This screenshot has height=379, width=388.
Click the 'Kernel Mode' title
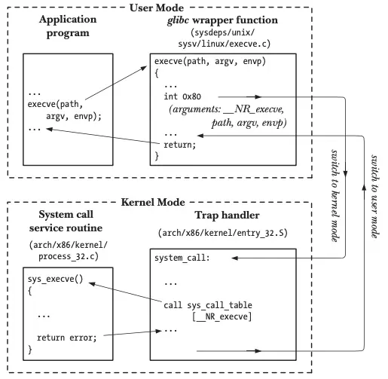coord(187,203)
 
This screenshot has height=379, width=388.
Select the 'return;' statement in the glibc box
coord(180,144)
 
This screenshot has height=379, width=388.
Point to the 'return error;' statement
coord(66,337)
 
